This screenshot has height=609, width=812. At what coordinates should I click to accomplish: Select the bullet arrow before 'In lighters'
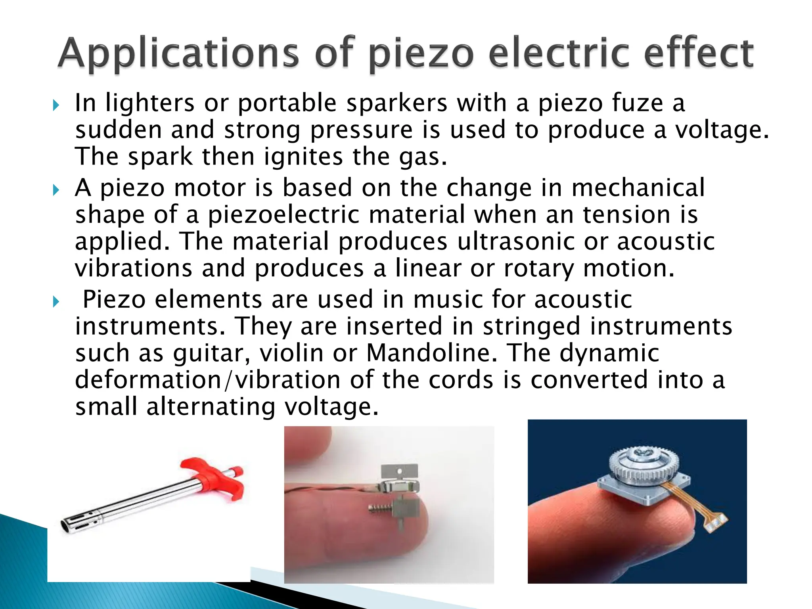[x=56, y=105]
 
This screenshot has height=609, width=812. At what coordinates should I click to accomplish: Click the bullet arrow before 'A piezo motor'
[x=56, y=190]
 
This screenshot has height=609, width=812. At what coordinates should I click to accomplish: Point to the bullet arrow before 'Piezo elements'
[x=56, y=302]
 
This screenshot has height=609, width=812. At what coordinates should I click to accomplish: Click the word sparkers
[x=396, y=103]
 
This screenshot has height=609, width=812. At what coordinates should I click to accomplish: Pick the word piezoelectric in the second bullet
[x=283, y=215]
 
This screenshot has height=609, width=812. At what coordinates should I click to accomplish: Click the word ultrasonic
[x=516, y=241]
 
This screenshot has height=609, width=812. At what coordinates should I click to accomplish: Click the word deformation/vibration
[x=208, y=380]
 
